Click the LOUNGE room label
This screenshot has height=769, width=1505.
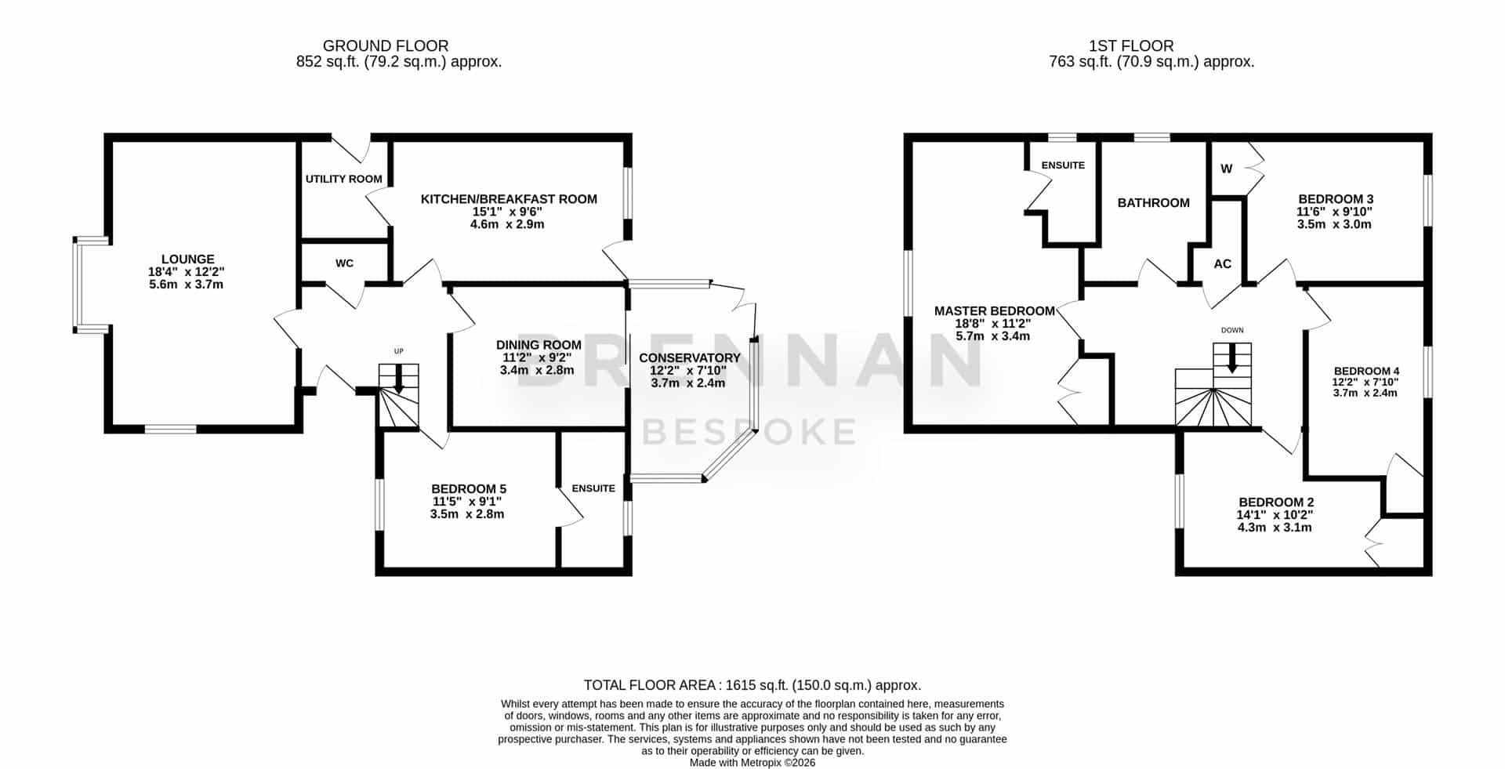[187, 259]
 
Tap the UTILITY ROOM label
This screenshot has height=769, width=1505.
[344, 179]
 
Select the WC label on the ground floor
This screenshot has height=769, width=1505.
[344, 263]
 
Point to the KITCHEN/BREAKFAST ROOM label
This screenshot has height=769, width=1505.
[509, 199]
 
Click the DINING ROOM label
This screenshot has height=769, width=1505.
[539, 345]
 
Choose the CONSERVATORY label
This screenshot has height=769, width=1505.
[689, 358]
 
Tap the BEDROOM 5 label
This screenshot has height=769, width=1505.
[469, 489]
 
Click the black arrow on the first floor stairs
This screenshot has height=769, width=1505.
[1232, 359]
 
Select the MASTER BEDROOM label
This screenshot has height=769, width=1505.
[994, 311]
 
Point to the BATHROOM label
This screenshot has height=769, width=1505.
[1153, 203]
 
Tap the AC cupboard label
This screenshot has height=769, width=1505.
[1222, 264]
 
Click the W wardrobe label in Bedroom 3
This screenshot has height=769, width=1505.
[1227, 169]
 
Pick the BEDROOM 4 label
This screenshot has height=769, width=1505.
[1366, 371]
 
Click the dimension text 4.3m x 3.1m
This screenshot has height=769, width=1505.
[1274, 528]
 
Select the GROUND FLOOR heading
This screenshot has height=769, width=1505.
[386, 46]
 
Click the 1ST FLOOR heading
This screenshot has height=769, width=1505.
[1131, 46]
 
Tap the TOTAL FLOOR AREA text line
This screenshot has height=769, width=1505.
[752, 685]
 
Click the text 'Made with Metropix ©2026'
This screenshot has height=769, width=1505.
[752, 762]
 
